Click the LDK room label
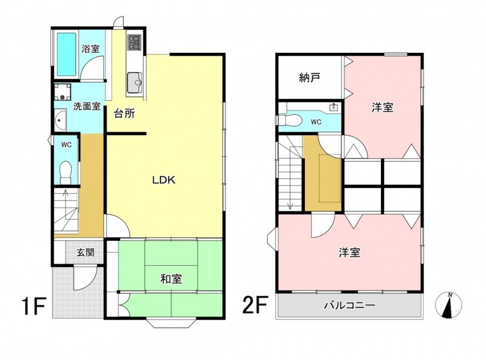(x=163, y=180)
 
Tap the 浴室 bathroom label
(x=91, y=49)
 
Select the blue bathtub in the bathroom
(x=67, y=55)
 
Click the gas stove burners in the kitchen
(x=134, y=42)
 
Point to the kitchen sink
(x=134, y=82)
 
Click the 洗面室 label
(x=87, y=106)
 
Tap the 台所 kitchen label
(x=125, y=114)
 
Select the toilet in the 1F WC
(x=66, y=172)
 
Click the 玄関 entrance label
(x=85, y=253)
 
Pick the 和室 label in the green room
(x=171, y=279)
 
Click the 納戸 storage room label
(x=309, y=78)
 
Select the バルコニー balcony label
(x=350, y=305)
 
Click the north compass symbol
(x=448, y=305)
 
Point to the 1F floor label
(x=33, y=305)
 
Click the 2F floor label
(x=255, y=305)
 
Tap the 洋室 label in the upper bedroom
(x=383, y=107)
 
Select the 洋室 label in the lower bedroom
(x=349, y=253)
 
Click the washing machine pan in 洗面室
(x=63, y=92)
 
